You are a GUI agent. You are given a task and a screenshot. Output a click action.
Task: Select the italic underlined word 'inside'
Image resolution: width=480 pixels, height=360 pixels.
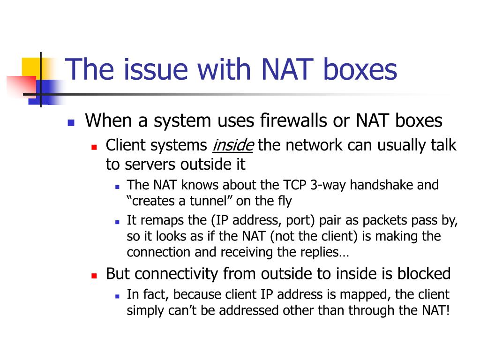coord(233,145)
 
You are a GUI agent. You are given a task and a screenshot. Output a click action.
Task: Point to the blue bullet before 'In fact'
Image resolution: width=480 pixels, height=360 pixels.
coord(117,296)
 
